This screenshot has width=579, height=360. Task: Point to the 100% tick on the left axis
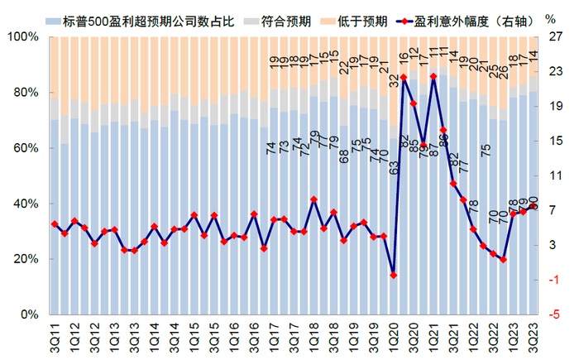click(22, 37)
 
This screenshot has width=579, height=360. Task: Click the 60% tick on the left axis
click(26, 148)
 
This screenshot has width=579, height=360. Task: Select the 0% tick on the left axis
click(29, 314)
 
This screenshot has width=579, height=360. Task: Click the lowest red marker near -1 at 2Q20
click(394, 275)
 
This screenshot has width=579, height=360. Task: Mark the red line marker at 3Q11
click(55, 224)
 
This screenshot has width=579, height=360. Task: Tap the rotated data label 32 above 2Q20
click(395, 80)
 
